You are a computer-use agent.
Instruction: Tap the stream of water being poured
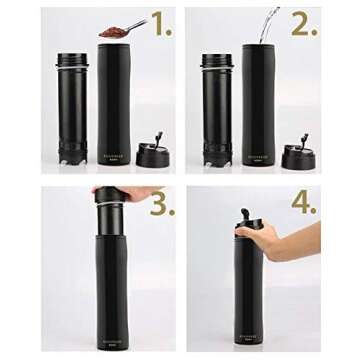267,23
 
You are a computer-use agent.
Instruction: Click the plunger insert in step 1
72,110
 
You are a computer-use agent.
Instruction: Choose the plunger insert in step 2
217,110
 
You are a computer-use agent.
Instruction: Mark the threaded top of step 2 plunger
217,61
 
